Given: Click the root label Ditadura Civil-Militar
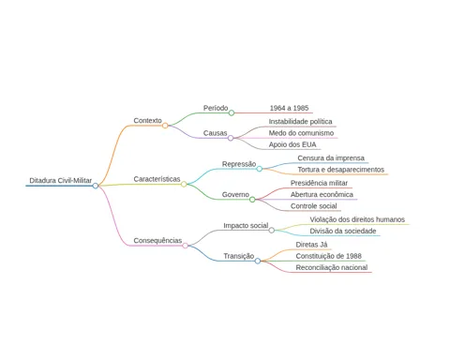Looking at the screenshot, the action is click(61, 180).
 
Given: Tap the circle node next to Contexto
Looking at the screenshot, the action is click(165, 126).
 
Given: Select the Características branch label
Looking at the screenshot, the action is click(157, 179).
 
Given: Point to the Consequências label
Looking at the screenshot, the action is click(157, 241).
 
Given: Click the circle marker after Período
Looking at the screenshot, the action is click(232, 112).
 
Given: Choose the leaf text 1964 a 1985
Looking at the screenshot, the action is click(289, 108).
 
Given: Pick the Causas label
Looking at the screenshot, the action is click(215, 133).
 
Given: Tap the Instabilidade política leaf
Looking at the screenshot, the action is click(300, 122).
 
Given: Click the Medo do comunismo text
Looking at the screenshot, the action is click(301, 133).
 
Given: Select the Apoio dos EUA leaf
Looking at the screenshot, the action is click(292, 144).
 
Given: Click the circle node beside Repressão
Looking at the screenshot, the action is click(260, 169).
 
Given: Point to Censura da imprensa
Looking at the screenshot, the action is click(331, 158).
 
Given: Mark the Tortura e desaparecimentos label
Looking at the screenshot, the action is click(341, 170).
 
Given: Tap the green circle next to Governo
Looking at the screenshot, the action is click(252, 200).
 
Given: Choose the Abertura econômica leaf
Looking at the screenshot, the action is click(322, 195).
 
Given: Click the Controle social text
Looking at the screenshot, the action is click(314, 206).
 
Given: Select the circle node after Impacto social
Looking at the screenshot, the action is click(272, 231).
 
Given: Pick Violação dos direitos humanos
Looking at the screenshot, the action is click(357, 219).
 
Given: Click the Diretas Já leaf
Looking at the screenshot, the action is click(311, 245).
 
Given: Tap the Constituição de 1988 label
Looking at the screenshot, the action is click(329, 256).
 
